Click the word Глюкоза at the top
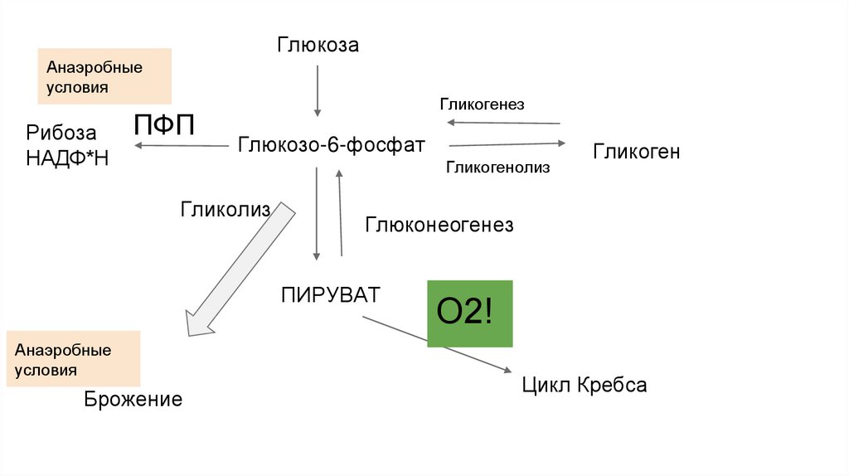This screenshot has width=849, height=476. pyautogui.click(x=318, y=45)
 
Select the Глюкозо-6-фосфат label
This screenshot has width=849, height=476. pyautogui.click(x=332, y=145)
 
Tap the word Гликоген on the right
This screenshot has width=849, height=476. pyautogui.click(x=636, y=151)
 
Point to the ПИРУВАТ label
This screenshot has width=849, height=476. pyautogui.click(x=330, y=294)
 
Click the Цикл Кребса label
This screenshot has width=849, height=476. pyautogui.click(x=584, y=386)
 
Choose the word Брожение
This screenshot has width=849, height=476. pyautogui.click(x=133, y=400)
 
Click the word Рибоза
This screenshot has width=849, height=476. pyautogui.click(x=61, y=133)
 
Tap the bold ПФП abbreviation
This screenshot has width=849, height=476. pyautogui.click(x=165, y=126)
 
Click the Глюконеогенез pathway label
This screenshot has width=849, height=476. pyautogui.click(x=439, y=225)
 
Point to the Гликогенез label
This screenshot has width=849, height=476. pyautogui.click(x=482, y=104)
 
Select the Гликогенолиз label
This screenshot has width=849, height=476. pyautogui.click(x=498, y=168)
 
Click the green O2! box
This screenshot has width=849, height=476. pyautogui.click(x=470, y=313)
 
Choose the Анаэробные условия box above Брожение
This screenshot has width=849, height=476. pyautogui.click(x=72, y=359)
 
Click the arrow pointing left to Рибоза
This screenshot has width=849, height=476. pyautogui.click(x=182, y=146)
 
